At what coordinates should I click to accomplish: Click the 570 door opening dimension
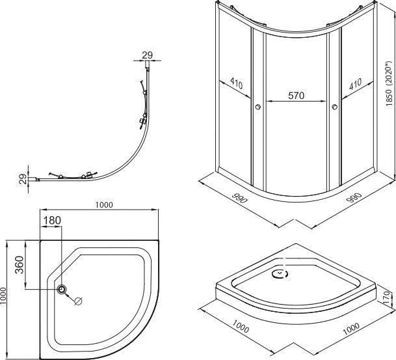pyautogui.click(x=297, y=96)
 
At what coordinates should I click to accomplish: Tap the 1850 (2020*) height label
pyautogui.click(x=389, y=84)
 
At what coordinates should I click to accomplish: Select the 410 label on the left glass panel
pyautogui.click(x=237, y=83)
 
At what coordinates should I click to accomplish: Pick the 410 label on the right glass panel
pyautogui.click(x=355, y=84)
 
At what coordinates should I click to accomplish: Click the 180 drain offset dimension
pyautogui.click(x=52, y=220)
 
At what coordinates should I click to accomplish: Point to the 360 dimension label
pyautogui.click(x=20, y=265)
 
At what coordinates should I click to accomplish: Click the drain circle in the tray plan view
pyautogui.click(x=62, y=288)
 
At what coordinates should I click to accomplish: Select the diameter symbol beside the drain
pyautogui.click(x=78, y=301)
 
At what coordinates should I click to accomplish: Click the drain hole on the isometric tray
pyautogui.click(x=280, y=274)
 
